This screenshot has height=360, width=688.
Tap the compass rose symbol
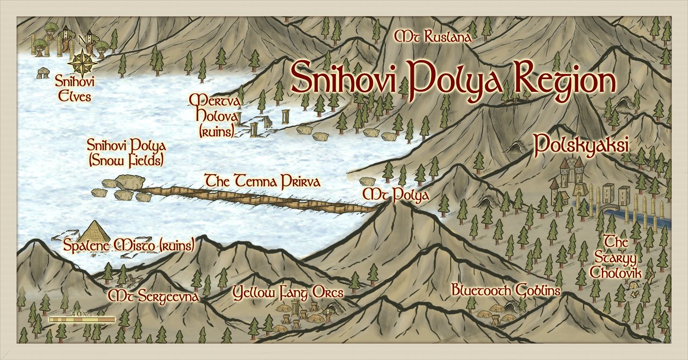82,62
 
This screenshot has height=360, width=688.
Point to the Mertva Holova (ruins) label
214,116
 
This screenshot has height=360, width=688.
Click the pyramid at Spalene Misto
95,232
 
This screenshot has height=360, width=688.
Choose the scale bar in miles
82,320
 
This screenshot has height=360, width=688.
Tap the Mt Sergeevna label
154,296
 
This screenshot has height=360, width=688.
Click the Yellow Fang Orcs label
288,292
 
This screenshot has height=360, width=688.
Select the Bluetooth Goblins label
506,291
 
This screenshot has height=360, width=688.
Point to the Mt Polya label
396,195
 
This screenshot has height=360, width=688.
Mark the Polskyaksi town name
582,144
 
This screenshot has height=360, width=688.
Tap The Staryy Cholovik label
616,257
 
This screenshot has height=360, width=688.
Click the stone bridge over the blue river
611,207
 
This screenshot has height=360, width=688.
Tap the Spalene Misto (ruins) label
128,246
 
